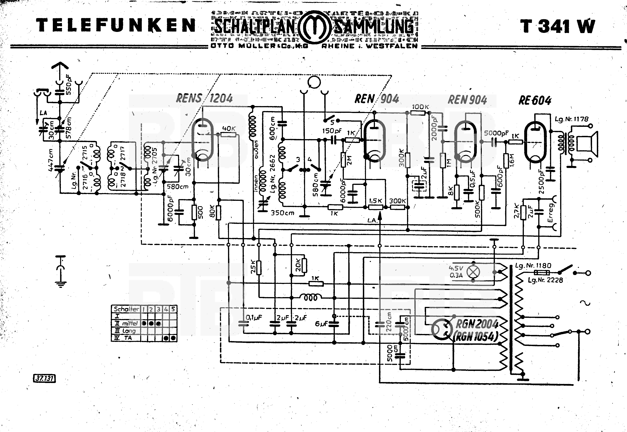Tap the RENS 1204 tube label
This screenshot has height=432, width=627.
[204, 98]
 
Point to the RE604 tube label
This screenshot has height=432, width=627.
[535, 101]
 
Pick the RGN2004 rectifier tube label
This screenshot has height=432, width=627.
[477, 324]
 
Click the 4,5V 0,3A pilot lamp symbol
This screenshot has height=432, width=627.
[473, 272]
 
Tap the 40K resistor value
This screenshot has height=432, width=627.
[229, 129]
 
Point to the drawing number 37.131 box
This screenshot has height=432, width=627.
[44, 378]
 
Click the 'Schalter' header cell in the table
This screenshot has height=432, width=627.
[126, 309]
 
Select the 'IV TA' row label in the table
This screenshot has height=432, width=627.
[124, 338]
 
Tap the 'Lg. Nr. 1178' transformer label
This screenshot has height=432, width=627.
[571, 119]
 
